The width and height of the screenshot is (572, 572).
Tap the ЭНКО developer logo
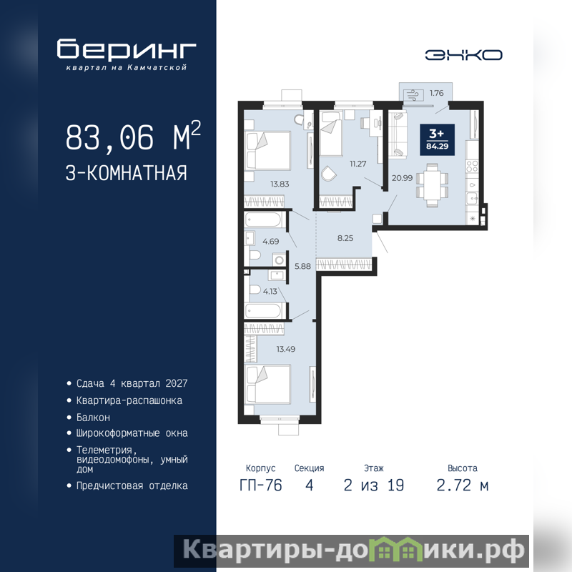tap(463, 55)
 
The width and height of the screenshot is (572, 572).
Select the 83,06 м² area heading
tap(133, 137)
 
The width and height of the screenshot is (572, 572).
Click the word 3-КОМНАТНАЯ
tap(127, 173)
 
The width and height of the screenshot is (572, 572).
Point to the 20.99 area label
tap(402, 178)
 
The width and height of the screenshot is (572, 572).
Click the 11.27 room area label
tap(358, 164)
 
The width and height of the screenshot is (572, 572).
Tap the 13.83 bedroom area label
tap(280, 184)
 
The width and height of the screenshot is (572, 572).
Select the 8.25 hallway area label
tap(345, 238)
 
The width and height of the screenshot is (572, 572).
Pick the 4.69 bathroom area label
tap(271, 242)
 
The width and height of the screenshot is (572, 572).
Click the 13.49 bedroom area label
tap(285, 349)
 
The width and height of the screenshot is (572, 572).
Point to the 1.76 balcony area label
tap(436, 93)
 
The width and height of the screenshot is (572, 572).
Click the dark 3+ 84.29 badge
tap(437, 139)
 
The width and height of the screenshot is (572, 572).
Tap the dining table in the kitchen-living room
tap(433, 185)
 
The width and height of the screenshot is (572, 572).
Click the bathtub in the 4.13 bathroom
tap(263, 311)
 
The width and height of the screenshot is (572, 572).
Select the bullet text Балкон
tap(93, 418)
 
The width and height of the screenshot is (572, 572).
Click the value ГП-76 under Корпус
tap(261, 485)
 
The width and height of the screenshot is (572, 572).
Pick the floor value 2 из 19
tap(374, 485)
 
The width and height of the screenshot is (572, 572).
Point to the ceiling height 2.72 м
tap(462, 485)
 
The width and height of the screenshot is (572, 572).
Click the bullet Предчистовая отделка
tap(132, 486)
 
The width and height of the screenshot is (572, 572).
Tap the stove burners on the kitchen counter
tap(472, 167)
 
